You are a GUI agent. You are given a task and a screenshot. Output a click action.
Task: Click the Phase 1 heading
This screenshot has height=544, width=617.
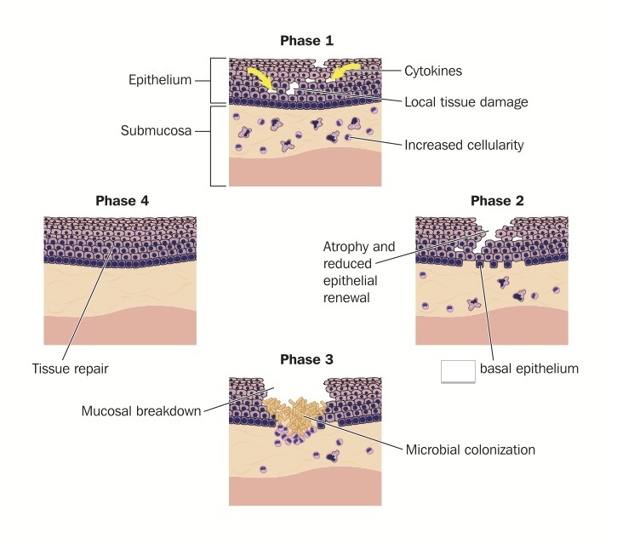[x=306, y=40]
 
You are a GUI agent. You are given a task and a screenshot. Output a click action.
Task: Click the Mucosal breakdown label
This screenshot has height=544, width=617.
[x=140, y=411]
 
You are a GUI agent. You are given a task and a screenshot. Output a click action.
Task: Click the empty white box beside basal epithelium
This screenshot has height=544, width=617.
[x=458, y=371]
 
